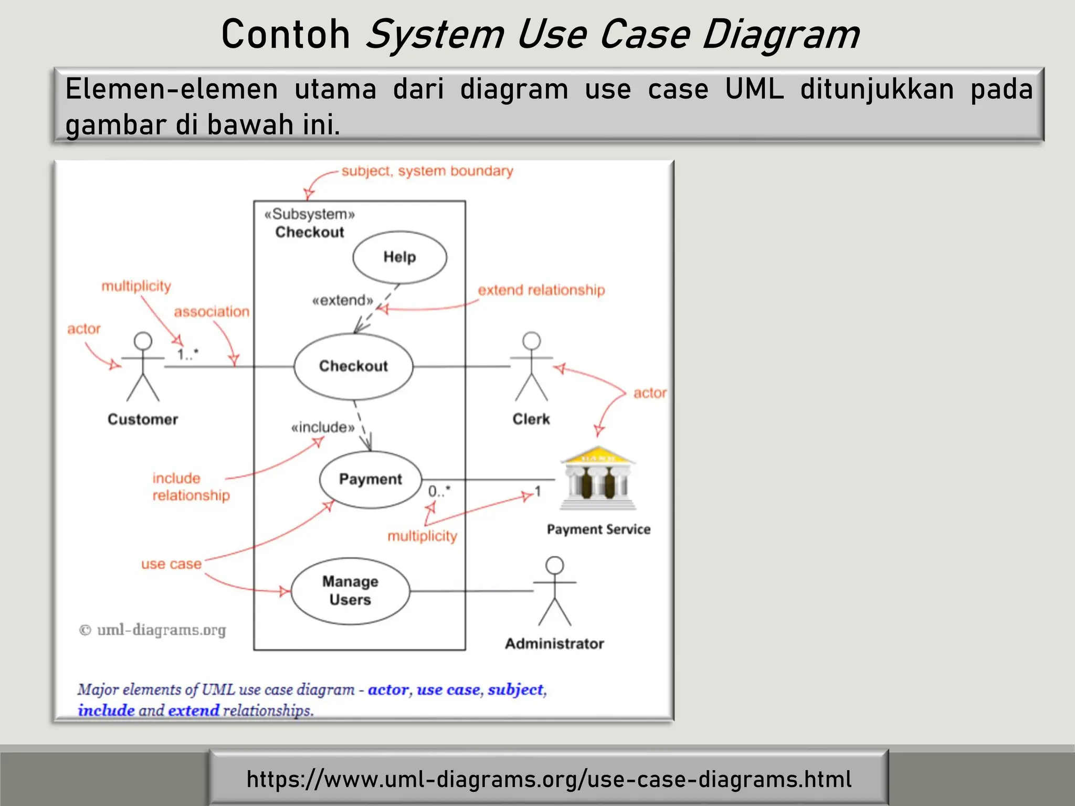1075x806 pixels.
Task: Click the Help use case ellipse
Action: (399, 257)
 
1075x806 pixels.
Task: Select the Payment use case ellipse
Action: (370, 479)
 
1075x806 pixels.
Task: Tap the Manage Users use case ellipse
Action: (350, 591)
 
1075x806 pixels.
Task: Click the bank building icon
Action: (598, 478)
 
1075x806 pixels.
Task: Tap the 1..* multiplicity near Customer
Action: (187, 354)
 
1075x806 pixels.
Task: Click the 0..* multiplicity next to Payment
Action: (439, 491)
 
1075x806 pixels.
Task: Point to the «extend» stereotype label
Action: (342, 301)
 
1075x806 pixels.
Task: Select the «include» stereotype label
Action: (323, 427)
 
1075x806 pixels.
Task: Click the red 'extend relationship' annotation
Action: (541, 290)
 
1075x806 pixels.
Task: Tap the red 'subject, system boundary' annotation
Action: (427, 171)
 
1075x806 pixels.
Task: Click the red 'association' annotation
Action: (212, 312)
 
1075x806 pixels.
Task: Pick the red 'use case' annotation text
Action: (171, 564)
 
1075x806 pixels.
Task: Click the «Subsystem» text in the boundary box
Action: (310, 214)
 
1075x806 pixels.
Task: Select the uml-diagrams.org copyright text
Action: (153, 630)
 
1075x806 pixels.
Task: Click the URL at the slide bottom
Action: (549, 779)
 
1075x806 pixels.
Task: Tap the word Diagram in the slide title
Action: (781, 35)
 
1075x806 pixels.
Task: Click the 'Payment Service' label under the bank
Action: (598, 529)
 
